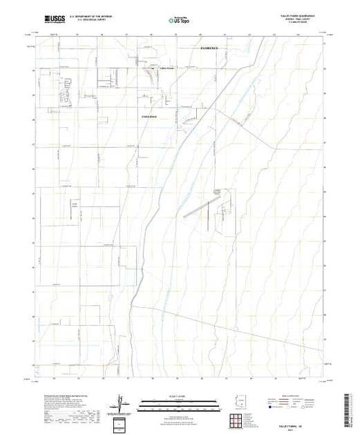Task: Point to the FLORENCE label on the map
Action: tap(209, 48)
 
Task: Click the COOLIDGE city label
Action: tap(149, 117)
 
